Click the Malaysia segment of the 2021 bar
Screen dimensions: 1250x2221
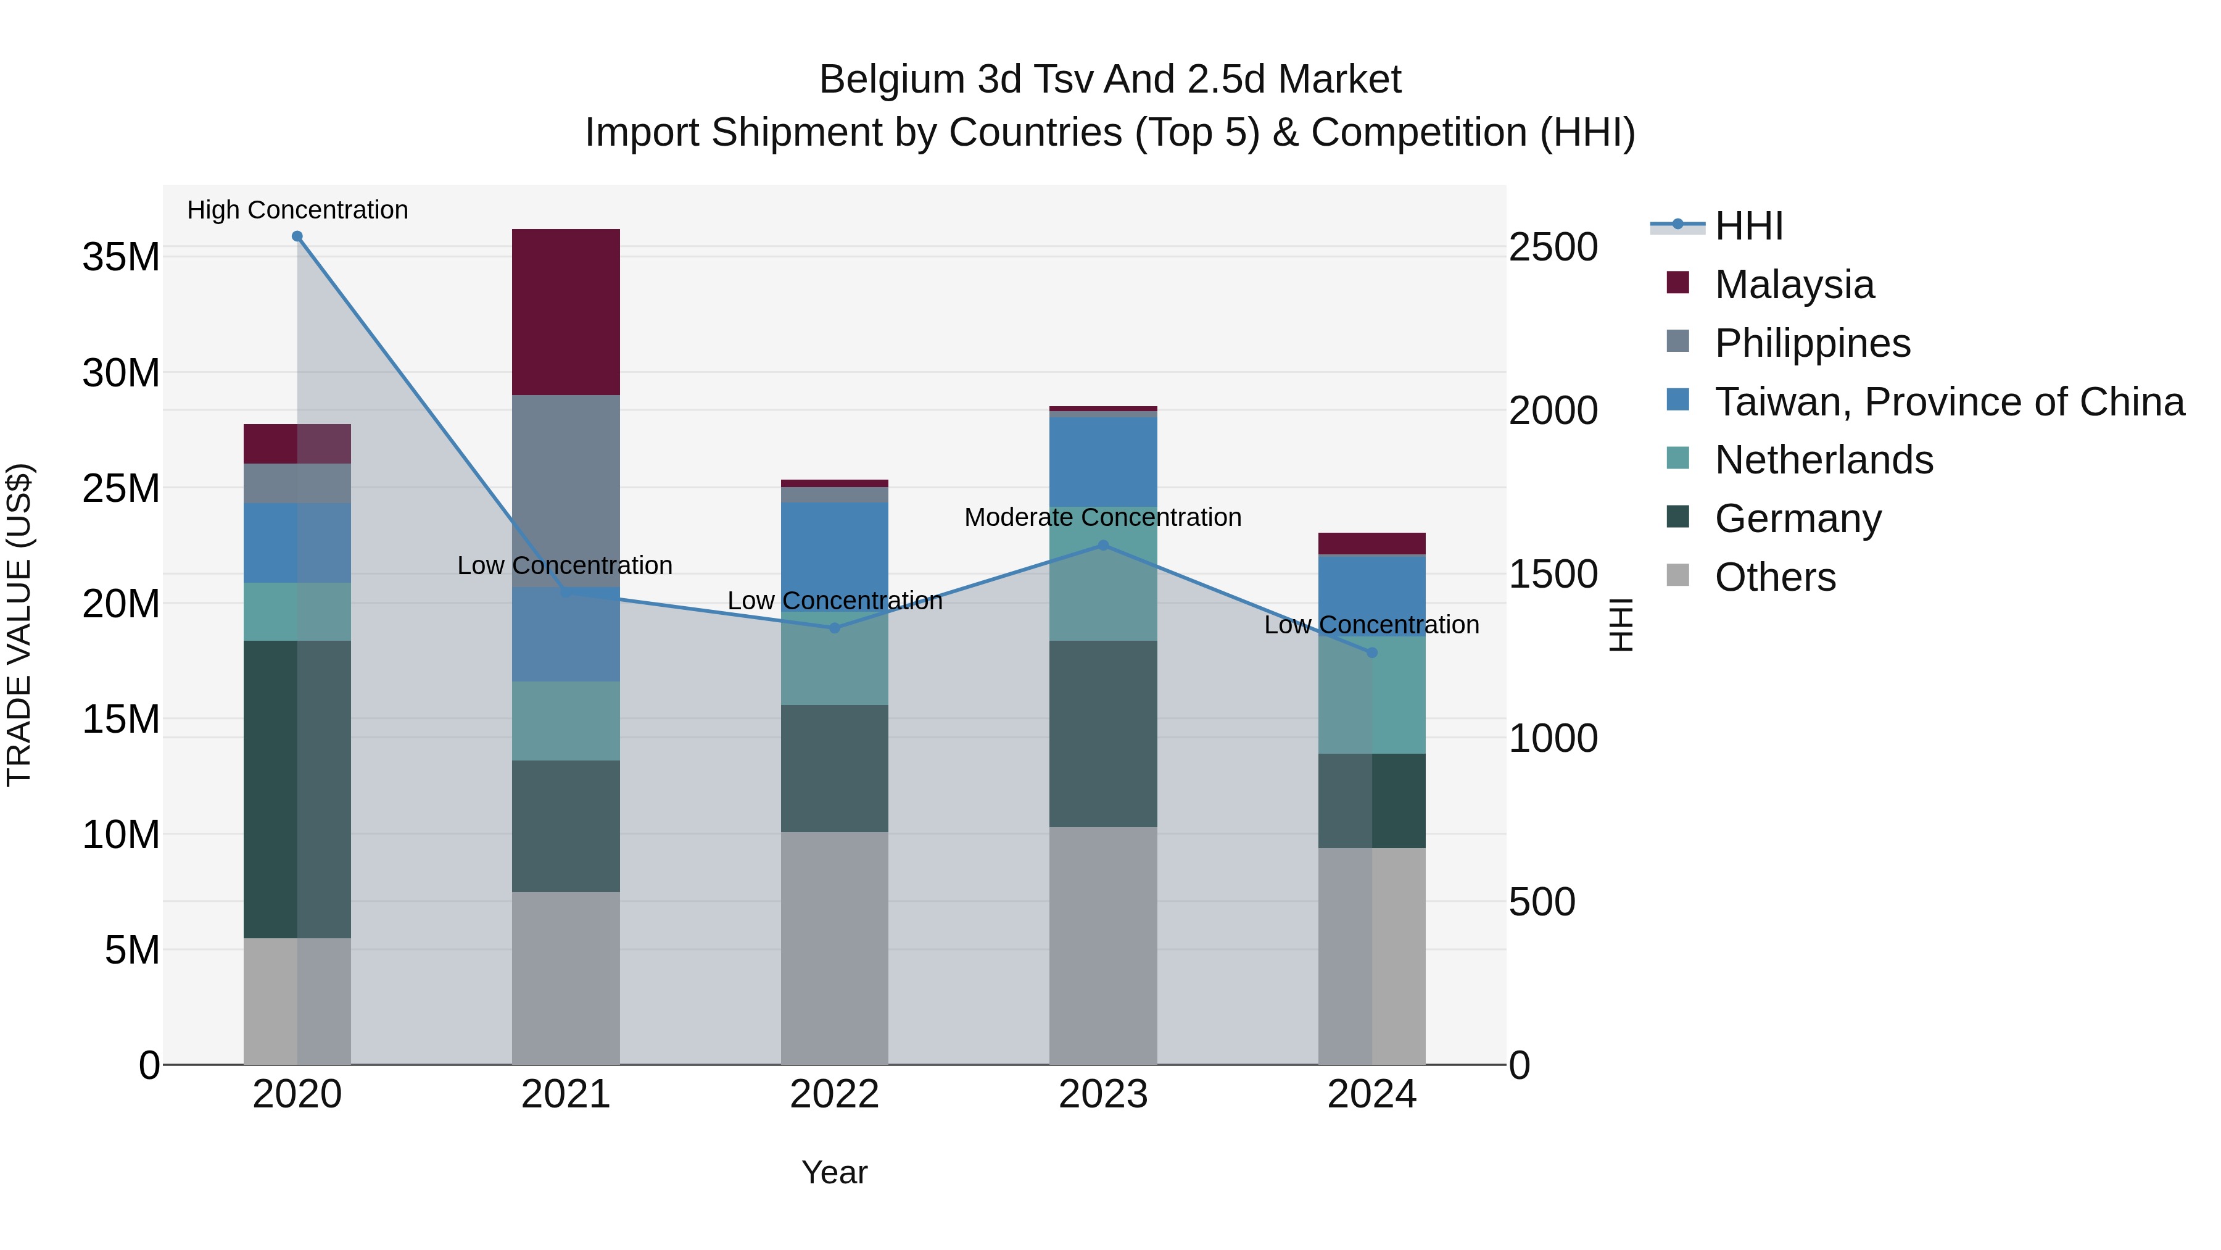[566, 312]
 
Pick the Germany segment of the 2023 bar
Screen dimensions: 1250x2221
[1102, 733]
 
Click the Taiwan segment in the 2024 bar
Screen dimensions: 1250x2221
[1371, 594]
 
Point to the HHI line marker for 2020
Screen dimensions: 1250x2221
[297, 236]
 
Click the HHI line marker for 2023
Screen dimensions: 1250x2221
[1102, 545]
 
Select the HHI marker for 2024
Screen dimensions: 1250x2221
[1371, 652]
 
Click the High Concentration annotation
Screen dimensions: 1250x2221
[297, 210]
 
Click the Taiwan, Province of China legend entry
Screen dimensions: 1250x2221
[1948, 401]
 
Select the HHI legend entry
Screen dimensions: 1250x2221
[1748, 226]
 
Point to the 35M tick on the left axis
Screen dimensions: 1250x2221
[121, 257]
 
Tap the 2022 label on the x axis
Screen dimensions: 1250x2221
[833, 1094]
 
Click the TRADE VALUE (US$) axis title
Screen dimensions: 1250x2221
[19, 625]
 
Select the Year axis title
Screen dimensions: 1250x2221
[833, 1172]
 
